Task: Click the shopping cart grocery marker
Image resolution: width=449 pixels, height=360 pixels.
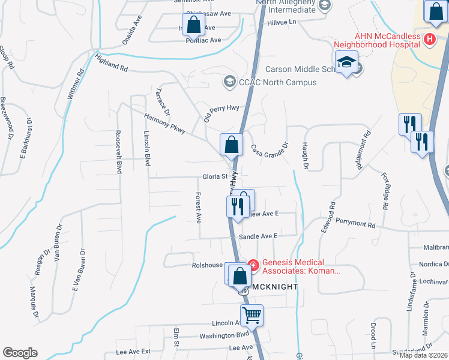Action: click(252, 314)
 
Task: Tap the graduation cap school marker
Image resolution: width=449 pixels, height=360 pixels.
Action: click(346, 62)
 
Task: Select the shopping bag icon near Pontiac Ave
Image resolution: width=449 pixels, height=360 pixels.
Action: click(193, 25)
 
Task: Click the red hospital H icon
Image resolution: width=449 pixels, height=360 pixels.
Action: click(429, 40)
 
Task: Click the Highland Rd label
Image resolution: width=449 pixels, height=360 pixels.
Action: click(112, 64)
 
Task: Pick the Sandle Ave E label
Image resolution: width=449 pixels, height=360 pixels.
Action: click(258, 236)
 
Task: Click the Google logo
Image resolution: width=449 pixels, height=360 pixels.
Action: click(20, 353)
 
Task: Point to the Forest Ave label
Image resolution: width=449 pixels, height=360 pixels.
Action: click(197, 207)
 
